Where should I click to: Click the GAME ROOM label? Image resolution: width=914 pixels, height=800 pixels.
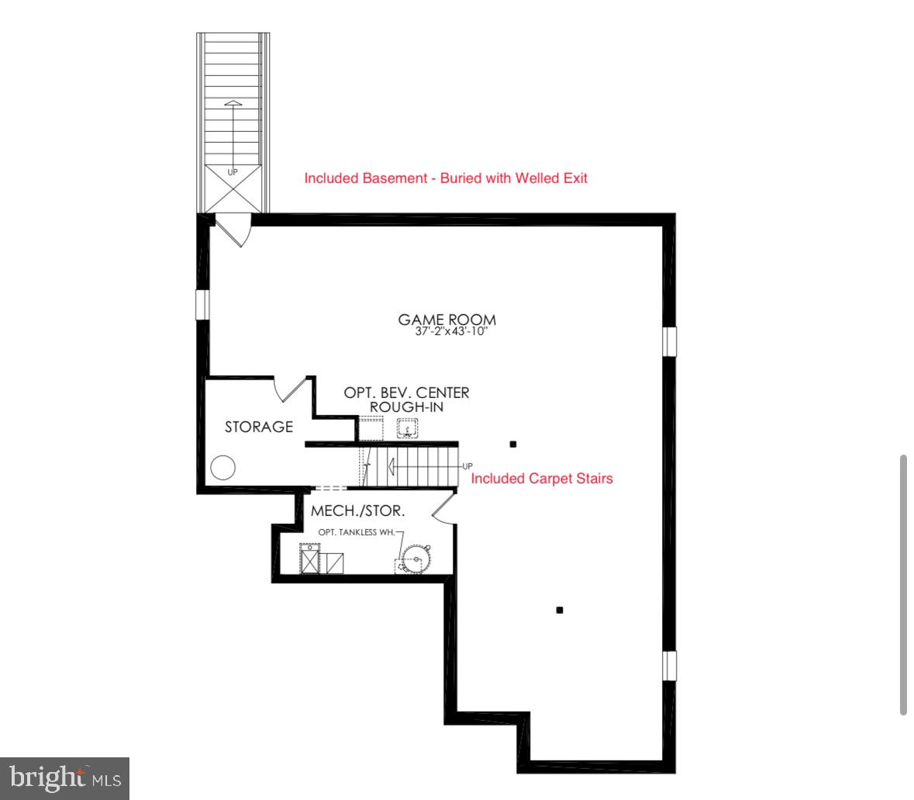(447, 319)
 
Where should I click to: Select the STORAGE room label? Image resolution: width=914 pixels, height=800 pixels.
(259, 426)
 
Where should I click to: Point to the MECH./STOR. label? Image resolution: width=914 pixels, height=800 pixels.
(358, 511)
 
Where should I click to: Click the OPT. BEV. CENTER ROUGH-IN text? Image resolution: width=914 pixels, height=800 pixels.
(406, 400)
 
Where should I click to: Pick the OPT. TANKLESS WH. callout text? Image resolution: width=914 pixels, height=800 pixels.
(357, 532)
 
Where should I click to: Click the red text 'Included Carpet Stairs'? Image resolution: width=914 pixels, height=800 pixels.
(542, 478)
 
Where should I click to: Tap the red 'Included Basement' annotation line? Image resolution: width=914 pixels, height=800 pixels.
(446, 178)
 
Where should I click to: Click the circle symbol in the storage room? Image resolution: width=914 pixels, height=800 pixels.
(223, 467)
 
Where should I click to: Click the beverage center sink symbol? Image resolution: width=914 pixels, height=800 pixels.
(408, 427)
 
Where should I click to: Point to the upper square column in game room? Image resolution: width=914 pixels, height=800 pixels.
(512, 444)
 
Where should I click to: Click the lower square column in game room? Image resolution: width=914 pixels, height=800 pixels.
(560, 610)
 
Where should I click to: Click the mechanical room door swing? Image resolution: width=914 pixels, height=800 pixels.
(442, 509)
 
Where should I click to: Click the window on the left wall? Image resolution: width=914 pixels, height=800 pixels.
(202, 304)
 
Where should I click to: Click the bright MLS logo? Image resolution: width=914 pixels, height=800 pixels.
(65, 777)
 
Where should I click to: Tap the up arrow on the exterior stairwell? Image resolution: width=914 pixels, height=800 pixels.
(233, 116)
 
